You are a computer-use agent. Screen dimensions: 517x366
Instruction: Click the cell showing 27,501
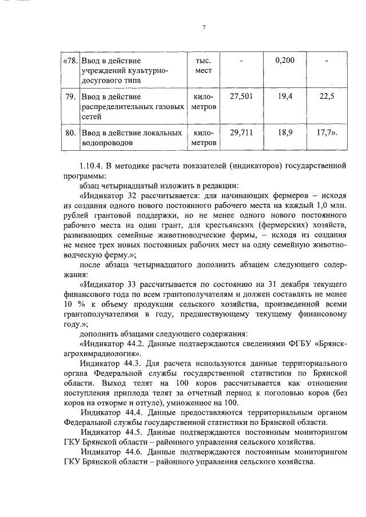pyautogui.click(x=241, y=97)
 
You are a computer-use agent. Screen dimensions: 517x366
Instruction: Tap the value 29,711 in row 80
pyautogui.click(x=241, y=133)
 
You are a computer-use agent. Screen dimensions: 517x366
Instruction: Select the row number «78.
pyautogui.click(x=69, y=60)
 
